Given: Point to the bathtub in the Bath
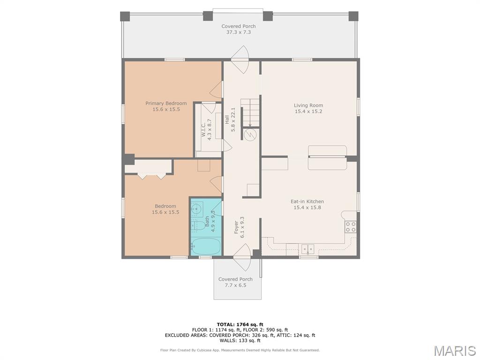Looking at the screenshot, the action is pyautogui.click(x=206, y=247).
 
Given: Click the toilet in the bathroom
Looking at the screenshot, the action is pyautogui.click(x=198, y=225).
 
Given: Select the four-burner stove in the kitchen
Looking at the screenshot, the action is pyautogui.click(x=351, y=227).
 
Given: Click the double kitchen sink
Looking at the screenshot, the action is pyautogui.click(x=307, y=249).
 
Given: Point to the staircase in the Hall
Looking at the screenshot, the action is pyautogui.click(x=250, y=112).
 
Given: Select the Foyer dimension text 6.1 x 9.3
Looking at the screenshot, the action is pyautogui.click(x=242, y=227).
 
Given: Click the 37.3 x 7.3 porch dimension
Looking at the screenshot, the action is pyautogui.click(x=239, y=32).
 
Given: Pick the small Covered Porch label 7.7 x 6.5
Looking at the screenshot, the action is pyautogui.click(x=235, y=282).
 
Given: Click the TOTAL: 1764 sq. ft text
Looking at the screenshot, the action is pyautogui.click(x=240, y=324).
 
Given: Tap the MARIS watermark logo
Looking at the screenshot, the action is pyautogui.click(x=455, y=351).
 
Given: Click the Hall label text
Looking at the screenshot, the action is pyautogui.click(x=227, y=120).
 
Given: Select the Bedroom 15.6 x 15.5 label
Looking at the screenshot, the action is pyautogui.click(x=165, y=209).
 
